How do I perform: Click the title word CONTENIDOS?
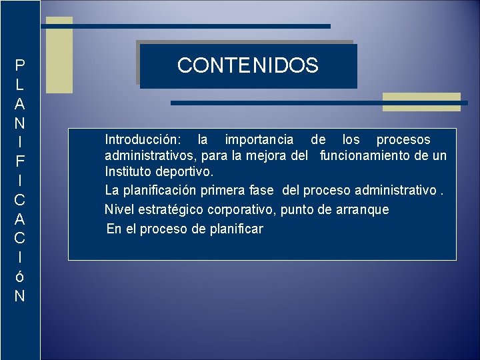[248, 65]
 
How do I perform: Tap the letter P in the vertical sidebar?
[20, 65]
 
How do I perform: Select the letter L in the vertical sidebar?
[20, 85]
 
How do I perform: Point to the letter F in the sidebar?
[20, 161]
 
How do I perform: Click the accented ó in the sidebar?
[20, 277]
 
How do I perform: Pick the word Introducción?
[142, 140]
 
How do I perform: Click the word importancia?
[259, 140]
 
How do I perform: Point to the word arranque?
[362, 210]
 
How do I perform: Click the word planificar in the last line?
[235, 229]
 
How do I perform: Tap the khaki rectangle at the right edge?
[421, 101]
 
